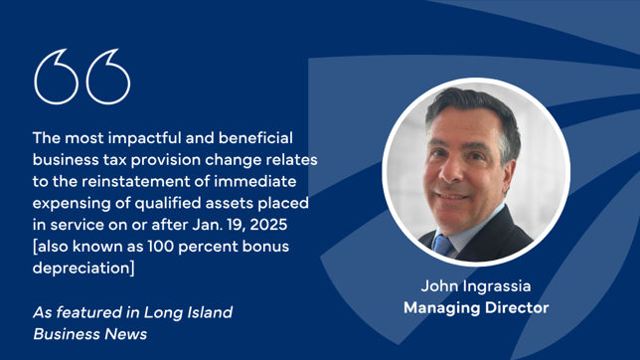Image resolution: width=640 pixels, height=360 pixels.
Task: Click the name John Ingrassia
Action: click(476, 287)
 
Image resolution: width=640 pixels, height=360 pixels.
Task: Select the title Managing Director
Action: click(476, 308)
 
